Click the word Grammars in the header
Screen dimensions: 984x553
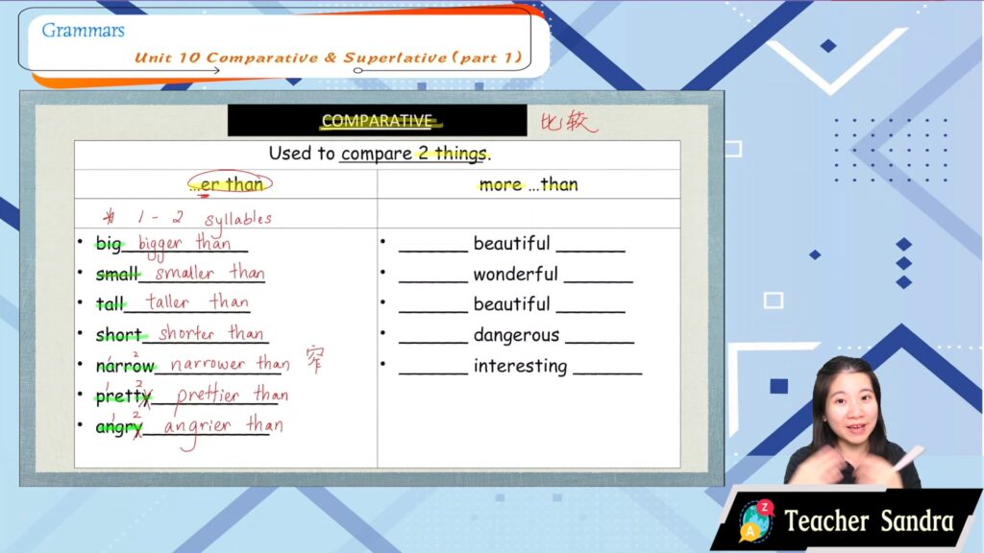tap(83, 31)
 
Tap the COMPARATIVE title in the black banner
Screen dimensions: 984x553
tap(377, 120)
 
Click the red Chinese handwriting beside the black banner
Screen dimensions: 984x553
tap(569, 121)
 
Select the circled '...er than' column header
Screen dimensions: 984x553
tap(230, 183)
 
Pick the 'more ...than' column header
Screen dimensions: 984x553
tap(528, 184)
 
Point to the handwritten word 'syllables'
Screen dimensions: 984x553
tap(238, 219)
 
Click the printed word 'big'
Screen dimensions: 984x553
tap(109, 244)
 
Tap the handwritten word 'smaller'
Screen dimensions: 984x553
tap(184, 273)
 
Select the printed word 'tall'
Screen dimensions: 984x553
tap(110, 304)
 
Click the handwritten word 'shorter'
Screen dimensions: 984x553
tap(186, 333)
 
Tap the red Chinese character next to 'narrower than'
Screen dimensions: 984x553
tap(315, 359)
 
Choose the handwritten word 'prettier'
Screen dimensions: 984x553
tap(208, 395)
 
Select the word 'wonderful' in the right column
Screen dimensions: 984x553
tap(515, 274)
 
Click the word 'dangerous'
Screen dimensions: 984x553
tap(516, 335)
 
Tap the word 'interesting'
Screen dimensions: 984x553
tap(520, 366)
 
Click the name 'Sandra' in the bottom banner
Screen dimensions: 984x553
tap(917, 521)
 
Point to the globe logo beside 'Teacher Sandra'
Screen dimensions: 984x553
tap(755, 521)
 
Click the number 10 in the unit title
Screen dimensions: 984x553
tap(188, 59)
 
